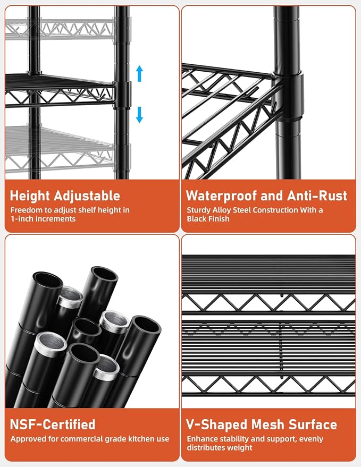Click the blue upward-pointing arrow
[x=139, y=73]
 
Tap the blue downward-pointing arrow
[x=139, y=115]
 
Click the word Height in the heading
[x=30, y=196]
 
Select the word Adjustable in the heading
[x=87, y=196]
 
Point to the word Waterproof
[x=222, y=196]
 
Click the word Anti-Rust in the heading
[x=317, y=196]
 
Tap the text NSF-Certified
[x=53, y=424]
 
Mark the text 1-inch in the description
[x=21, y=218]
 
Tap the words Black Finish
[x=208, y=218]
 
